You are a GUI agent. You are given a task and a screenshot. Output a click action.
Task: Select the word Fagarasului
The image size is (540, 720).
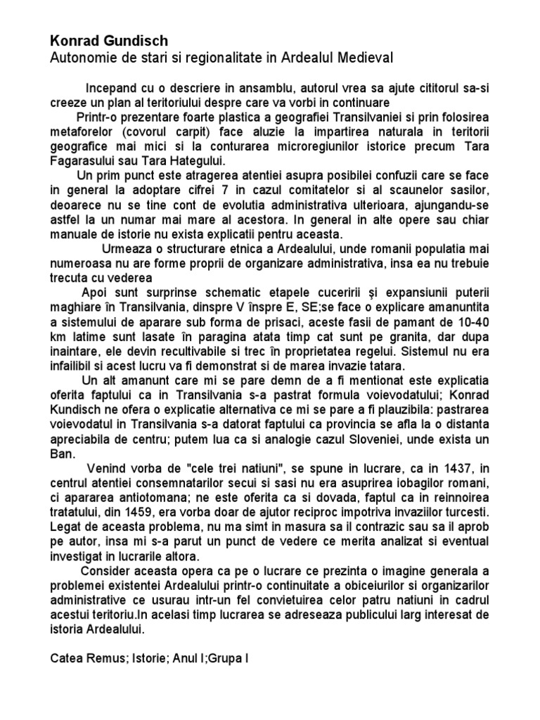click(x=85, y=161)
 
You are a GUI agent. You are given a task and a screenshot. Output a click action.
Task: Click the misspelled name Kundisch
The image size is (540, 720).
click(x=81, y=411)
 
